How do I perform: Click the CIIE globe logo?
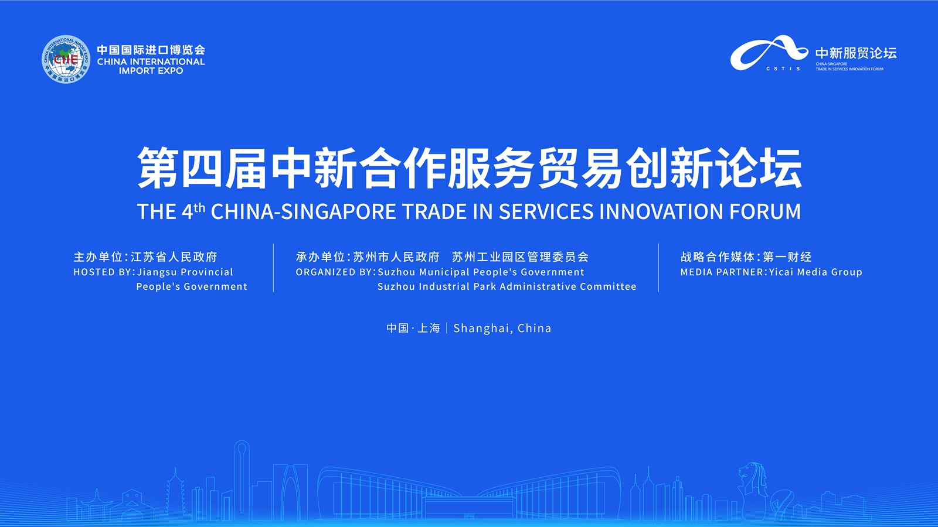[66, 59]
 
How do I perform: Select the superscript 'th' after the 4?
[199, 207]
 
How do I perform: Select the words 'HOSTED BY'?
[103, 272]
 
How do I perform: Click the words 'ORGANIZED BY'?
[334, 272]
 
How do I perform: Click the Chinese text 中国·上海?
[413, 328]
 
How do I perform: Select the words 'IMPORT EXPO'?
[151, 71]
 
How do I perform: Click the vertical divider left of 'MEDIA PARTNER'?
[659, 268]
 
